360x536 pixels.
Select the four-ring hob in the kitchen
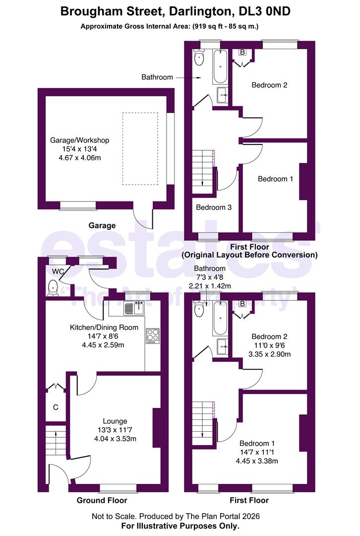152,335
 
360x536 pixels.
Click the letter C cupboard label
56,407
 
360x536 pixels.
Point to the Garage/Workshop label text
79,140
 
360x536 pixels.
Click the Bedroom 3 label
213,207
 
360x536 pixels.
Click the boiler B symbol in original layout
242,52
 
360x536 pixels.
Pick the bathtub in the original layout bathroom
220,67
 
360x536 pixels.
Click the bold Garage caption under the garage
102,225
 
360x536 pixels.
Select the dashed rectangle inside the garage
140,148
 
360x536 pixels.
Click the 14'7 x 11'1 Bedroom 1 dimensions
256,452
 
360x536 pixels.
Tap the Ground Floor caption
102,500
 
